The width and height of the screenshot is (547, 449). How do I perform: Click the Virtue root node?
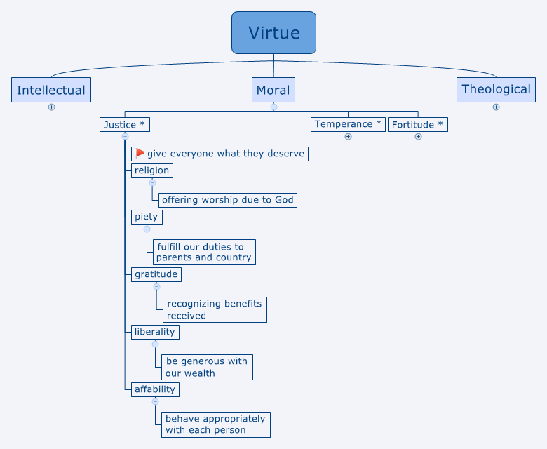click(x=273, y=33)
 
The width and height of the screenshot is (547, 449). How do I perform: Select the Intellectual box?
click(x=51, y=90)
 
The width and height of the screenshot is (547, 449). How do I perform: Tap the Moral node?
click(x=273, y=90)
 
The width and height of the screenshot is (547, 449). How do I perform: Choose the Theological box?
click(x=496, y=89)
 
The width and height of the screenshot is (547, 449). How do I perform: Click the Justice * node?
click(x=124, y=125)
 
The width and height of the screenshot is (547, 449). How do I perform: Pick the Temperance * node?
click(x=348, y=124)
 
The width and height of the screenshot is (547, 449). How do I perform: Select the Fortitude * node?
click(x=417, y=125)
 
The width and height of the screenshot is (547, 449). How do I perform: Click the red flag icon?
click(x=140, y=154)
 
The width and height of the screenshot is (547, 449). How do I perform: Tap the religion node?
click(x=151, y=170)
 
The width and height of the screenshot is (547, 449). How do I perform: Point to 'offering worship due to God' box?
click(x=227, y=200)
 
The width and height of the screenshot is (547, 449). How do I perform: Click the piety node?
click(x=147, y=217)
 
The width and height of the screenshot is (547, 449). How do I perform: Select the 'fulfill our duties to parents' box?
click(x=203, y=252)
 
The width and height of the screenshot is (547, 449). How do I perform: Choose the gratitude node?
click(x=156, y=274)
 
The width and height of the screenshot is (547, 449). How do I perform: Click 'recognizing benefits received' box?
click(x=215, y=309)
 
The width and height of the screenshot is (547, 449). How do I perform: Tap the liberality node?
click(x=155, y=331)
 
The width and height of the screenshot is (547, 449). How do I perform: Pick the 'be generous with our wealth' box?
click(x=207, y=367)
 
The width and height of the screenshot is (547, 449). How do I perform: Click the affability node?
click(x=155, y=389)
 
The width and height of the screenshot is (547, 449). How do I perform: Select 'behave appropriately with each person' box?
click(x=215, y=424)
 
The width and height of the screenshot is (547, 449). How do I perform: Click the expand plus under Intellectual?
click(x=51, y=107)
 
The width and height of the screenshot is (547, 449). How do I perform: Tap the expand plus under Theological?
click(x=496, y=107)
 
